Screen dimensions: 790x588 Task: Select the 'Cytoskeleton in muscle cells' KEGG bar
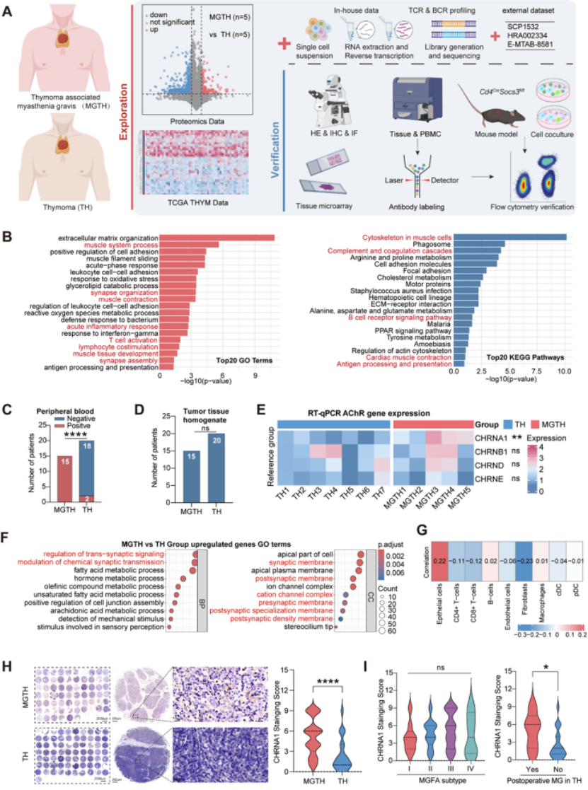(510, 237)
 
